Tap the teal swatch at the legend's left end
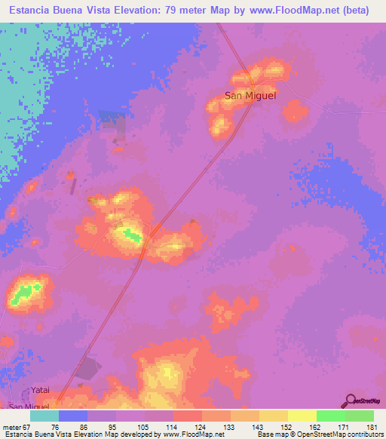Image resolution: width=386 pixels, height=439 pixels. [x=44, y=416]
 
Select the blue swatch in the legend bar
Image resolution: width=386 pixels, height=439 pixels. [x=73, y=416]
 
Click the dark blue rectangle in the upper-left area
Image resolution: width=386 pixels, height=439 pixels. [x=114, y=121]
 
